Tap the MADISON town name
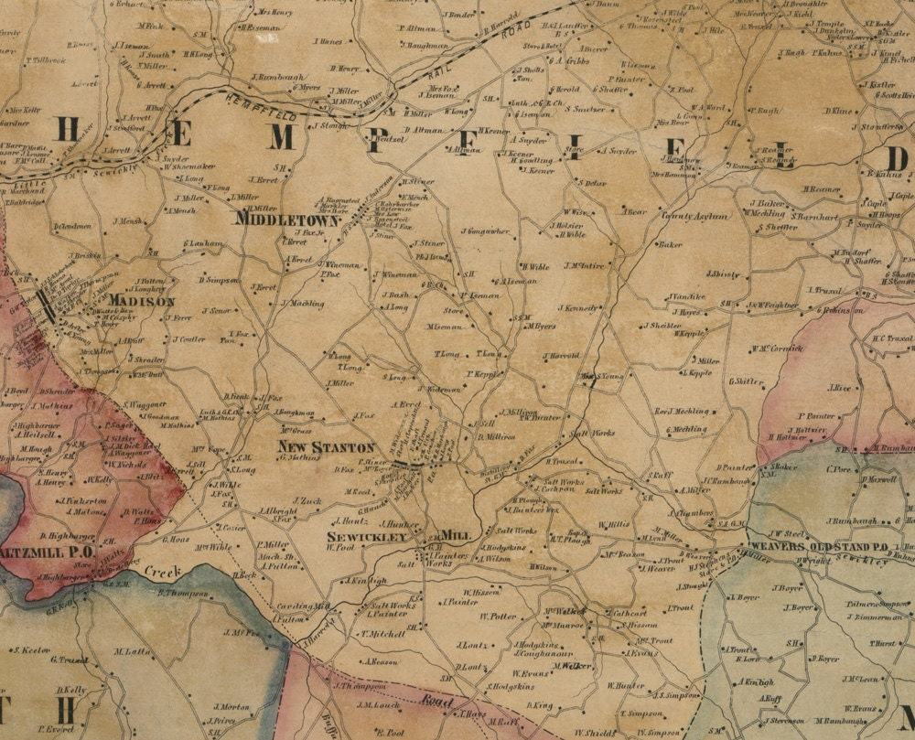coord(141,301)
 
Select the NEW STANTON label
coord(327,447)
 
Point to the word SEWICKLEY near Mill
coord(367,537)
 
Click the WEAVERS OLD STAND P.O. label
coord(818,546)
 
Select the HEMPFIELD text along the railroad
coord(278,107)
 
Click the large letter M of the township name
coord(282,137)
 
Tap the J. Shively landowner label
coord(722,273)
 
